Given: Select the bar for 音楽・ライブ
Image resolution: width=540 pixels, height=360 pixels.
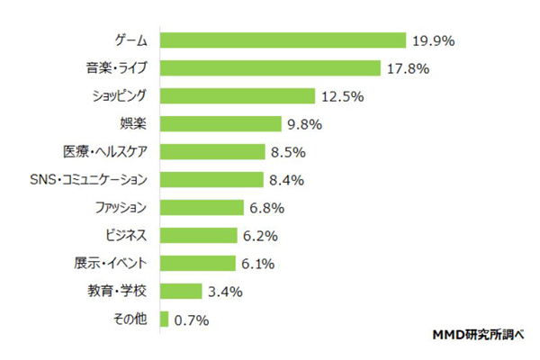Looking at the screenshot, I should tap(270, 68).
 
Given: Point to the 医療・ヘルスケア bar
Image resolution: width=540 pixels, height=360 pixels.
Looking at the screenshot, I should tap(212, 151).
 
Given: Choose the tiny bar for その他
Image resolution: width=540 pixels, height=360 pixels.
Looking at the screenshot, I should tap(164, 319).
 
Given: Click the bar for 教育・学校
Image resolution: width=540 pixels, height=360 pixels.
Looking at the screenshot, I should tap(180, 291).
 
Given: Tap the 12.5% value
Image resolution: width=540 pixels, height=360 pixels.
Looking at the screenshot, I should tap(343, 95).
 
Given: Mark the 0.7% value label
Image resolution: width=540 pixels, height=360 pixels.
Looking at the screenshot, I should tap(192, 319).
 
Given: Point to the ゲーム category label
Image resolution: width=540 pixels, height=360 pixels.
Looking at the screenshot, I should tap(131, 40).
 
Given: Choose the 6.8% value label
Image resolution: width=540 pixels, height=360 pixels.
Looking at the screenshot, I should tap(266, 207).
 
